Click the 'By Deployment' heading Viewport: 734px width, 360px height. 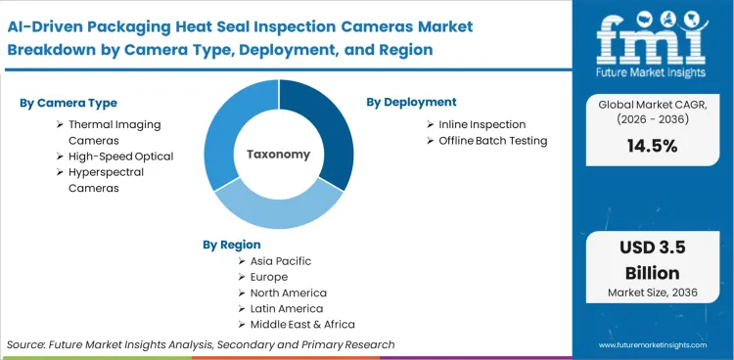coord(411,102)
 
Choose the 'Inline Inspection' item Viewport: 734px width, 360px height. coord(482,124)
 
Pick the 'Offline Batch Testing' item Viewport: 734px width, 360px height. coord(492,140)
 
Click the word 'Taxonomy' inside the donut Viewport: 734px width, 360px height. coord(278,155)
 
